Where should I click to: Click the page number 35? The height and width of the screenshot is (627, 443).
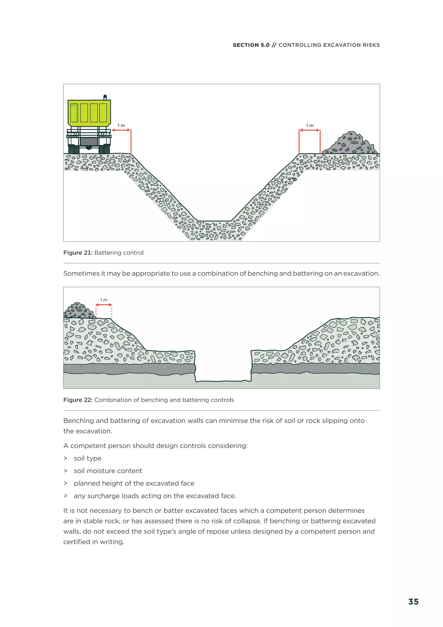(413, 602)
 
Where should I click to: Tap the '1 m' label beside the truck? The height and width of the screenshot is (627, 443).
(121, 125)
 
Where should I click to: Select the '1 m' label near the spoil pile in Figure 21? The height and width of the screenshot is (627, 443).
(310, 125)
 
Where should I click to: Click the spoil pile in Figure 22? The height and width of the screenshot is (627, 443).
(78, 311)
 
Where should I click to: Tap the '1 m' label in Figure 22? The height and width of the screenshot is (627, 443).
(104, 300)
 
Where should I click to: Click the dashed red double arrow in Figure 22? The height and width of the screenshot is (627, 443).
(104, 305)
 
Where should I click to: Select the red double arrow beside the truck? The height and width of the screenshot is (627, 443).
(121, 130)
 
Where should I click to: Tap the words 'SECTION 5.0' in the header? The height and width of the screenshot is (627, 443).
(251, 45)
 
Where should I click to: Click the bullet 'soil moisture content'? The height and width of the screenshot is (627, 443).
(108, 471)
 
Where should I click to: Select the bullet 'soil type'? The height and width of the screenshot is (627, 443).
(88, 458)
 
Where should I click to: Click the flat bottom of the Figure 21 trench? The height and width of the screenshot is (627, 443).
(215, 221)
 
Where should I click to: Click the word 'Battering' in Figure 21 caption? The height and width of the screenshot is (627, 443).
(108, 253)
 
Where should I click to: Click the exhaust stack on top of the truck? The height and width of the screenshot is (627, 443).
(105, 97)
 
